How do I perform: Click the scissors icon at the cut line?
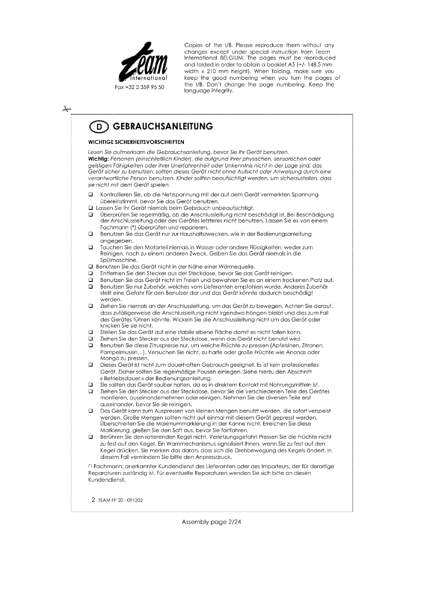(x=66, y=109)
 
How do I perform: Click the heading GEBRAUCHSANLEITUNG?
(x=163, y=126)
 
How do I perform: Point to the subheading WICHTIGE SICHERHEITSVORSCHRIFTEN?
(x=136, y=142)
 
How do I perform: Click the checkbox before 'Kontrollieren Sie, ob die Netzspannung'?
(x=91, y=195)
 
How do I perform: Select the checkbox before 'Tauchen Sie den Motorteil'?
(x=91, y=247)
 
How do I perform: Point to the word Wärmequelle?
(x=238, y=267)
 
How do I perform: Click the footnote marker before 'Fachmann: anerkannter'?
(x=90, y=465)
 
